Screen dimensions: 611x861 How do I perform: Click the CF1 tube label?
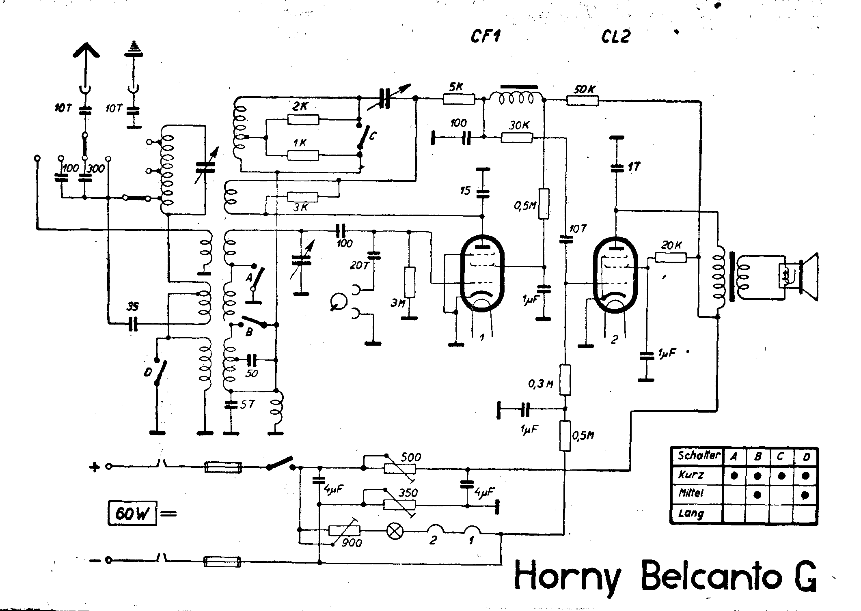pyautogui.click(x=486, y=37)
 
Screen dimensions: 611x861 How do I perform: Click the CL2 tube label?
pyautogui.click(x=616, y=37)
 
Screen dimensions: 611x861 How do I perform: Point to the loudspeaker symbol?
pyautogui.click(x=808, y=277)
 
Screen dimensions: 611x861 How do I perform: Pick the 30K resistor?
pyautogui.click(x=517, y=138)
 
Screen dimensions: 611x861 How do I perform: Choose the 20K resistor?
pyautogui.click(x=671, y=258)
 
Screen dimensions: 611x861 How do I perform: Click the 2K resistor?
pyautogui.click(x=303, y=119)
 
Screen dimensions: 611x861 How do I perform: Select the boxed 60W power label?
pyautogui.click(x=132, y=514)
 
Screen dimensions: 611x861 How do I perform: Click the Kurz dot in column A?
pyautogui.click(x=734, y=476)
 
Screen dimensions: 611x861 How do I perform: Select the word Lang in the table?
pyautogui.click(x=691, y=514)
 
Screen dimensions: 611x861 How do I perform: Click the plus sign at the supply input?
pyautogui.click(x=95, y=467)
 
